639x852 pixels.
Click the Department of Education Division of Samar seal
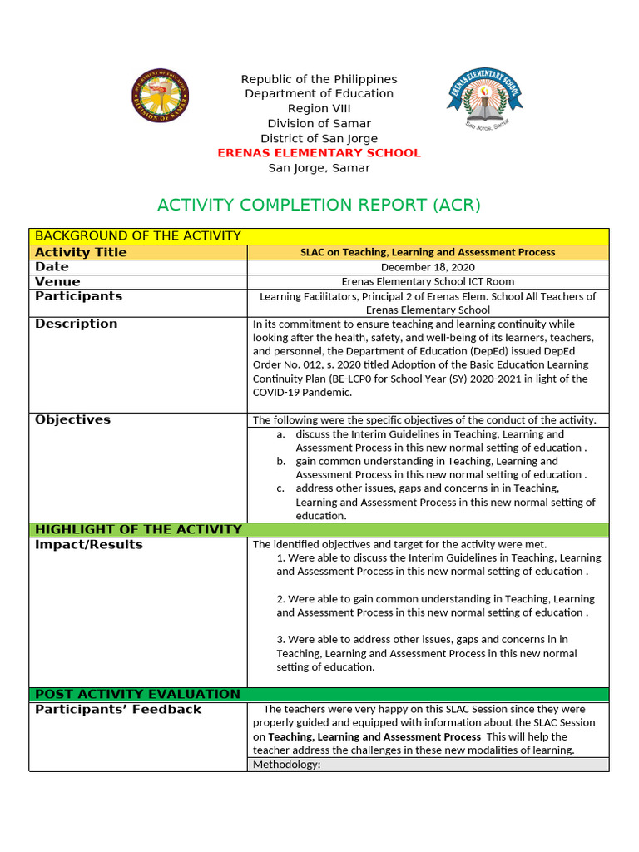pyautogui.click(x=160, y=96)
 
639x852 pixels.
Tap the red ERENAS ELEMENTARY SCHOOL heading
pyautogui.click(x=319, y=153)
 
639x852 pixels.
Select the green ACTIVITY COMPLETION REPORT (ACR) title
pyautogui.click(x=319, y=205)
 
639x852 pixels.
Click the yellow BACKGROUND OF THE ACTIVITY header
pyautogui.click(x=137, y=236)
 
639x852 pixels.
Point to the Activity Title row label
pyautogui.click(x=81, y=252)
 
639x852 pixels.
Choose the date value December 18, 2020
pyautogui.click(x=427, y=267)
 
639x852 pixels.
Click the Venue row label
pyautogui.click(x=57, y=282)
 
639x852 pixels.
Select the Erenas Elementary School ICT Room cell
pyautogui.click(x=428, y=282)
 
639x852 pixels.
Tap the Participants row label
pyautogui.click(x=78, y=296)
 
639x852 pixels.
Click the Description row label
pyautogui.click(x=76, y=324)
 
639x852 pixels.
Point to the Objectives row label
pyautogui.click(x=72, y=419)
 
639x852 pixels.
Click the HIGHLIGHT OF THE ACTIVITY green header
pyautogui.click(x=138, y=529)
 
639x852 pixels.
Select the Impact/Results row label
pyautogui.click(x=88, y=544)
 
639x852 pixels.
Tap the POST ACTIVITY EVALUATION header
pyautogui.click(x=137, y=694)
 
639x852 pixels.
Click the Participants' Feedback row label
pyautogui.click(x=117, y=709)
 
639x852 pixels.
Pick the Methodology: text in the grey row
pyautogui.click(x=286, y=764)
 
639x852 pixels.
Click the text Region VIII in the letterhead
pyautogui.click(x=319, y=109)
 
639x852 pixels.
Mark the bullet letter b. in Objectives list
pyautogui.click(x=281, y=461)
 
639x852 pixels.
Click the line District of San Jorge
pyautogui.click(x=319, y=139)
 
